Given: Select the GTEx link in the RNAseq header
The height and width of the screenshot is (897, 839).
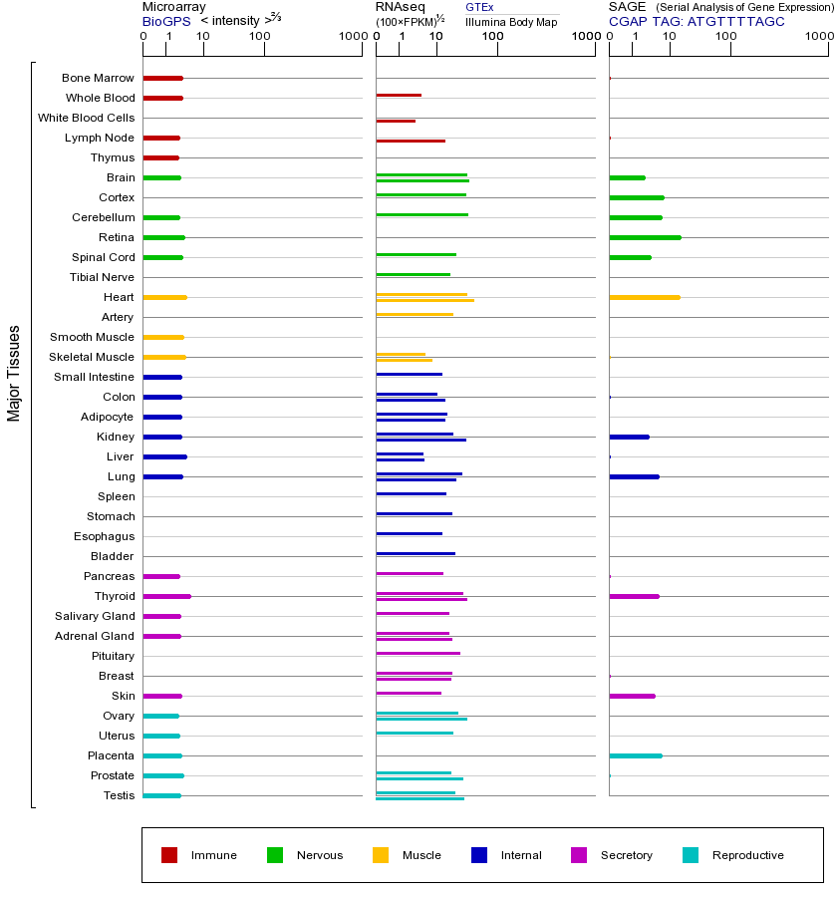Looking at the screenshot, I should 479,7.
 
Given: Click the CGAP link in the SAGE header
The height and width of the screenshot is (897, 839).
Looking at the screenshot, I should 627,21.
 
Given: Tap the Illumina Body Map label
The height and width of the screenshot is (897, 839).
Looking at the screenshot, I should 511,22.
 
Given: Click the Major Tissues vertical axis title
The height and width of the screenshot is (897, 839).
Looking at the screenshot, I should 14,372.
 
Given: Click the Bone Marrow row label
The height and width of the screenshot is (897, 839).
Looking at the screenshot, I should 98,78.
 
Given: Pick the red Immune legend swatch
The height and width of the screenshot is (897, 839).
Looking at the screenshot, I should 169,855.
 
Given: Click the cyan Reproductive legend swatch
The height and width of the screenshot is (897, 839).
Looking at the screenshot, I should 691,855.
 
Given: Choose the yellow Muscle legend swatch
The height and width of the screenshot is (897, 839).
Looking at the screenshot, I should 381,855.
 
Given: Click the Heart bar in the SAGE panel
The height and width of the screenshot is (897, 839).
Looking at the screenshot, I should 644,297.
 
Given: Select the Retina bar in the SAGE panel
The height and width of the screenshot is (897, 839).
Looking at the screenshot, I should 645,237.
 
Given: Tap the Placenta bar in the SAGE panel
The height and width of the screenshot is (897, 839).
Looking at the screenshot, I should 635,755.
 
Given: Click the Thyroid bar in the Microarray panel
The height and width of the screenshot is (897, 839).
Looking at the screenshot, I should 166,596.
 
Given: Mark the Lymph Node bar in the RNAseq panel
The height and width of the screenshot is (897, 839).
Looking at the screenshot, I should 411,141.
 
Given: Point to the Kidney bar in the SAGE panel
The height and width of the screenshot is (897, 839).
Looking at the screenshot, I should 629,437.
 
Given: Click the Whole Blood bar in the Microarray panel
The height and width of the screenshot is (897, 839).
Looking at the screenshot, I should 162,98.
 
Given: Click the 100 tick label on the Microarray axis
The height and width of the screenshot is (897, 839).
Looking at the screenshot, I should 260,37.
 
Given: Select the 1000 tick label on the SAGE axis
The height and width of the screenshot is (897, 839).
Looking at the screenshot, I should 819,37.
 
